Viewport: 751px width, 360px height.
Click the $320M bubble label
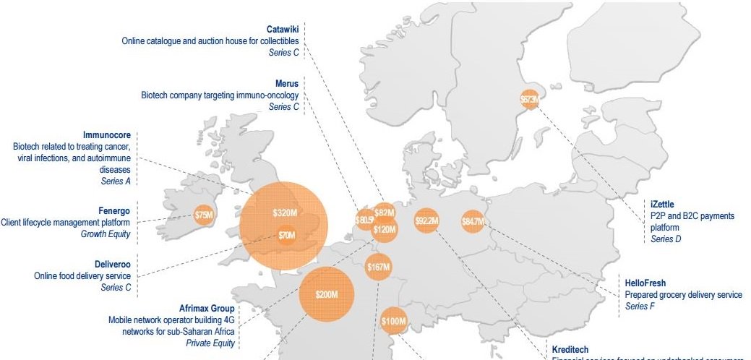point(285,213)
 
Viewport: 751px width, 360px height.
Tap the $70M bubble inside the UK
point(287,235)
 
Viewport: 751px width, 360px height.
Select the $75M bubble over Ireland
point(205,215)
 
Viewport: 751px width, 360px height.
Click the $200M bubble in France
point(326,294)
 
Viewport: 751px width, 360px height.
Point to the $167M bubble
point(378,267)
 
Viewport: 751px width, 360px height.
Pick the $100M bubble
point(394,320)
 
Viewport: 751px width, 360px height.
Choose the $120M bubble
point(385,230)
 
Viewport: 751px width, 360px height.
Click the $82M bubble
point(385,213)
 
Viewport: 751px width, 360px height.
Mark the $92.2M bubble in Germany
point(426,220)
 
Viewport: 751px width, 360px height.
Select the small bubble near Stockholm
point(530,100)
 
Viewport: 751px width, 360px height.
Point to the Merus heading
point(286,84)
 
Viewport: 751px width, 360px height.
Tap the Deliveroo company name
point(112,265)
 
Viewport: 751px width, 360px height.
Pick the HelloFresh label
point(645,283)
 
